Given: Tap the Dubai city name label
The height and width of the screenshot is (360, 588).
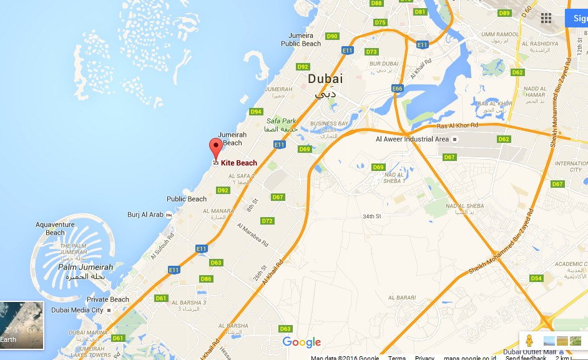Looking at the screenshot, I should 325,79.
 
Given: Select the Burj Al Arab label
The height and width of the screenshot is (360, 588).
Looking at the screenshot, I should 145,215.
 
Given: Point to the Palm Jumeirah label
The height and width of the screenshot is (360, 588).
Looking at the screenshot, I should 86,267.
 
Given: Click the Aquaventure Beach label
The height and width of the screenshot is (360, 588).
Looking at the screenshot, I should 55,228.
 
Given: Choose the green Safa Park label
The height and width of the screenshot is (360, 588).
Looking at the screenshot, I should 281,121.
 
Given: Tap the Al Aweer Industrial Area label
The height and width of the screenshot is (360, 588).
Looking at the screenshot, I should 412,139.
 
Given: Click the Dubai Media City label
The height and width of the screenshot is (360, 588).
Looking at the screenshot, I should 77,309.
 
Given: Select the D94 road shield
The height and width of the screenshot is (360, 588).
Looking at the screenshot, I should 256,112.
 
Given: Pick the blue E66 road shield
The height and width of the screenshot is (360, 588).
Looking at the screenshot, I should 398,89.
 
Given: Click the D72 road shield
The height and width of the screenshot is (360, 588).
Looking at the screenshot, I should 267,221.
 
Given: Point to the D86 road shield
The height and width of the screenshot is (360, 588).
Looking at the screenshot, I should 206,278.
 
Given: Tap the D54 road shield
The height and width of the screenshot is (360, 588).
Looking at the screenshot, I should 536,278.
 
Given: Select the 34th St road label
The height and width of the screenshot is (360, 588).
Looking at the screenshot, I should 372,216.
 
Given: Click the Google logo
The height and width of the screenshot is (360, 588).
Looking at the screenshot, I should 301,342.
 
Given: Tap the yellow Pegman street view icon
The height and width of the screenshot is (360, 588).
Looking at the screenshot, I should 529,341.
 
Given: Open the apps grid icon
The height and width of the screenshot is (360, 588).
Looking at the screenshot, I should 546,18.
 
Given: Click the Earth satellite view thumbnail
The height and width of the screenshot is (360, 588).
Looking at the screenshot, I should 22,325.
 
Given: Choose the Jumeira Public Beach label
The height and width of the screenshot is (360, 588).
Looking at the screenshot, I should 301,40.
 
